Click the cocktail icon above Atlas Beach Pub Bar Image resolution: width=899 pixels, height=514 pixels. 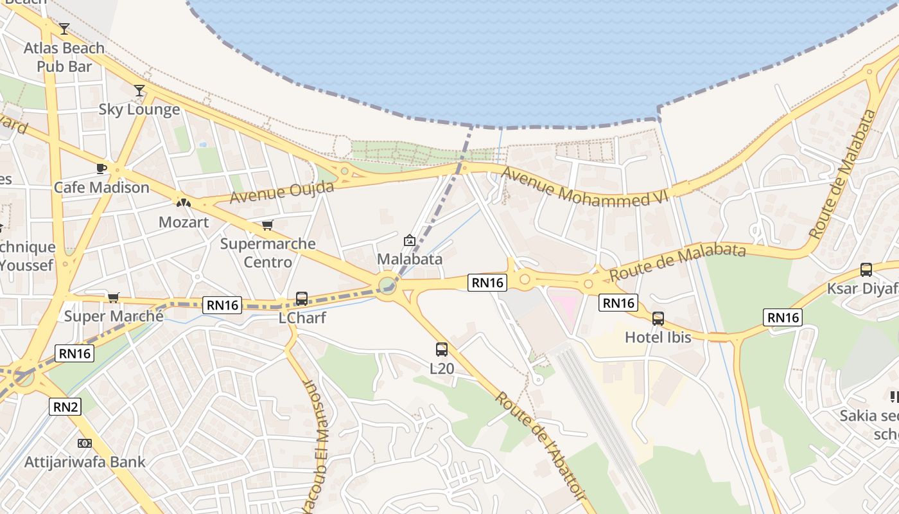[64, 29]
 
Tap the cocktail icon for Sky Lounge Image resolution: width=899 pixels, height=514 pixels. [139, 91]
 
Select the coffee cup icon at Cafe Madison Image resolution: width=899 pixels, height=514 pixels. [101, 168]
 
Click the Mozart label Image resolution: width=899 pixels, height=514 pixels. [184, 222]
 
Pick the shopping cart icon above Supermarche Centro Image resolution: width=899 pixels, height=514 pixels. [267, 226]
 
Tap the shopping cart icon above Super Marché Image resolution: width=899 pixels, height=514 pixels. [114, 297]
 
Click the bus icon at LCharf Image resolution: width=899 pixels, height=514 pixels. [302, 299]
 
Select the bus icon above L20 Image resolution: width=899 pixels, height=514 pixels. [442, 350]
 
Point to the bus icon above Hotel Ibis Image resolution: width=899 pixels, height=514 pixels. [658, 318]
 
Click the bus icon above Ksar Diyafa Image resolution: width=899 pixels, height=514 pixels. [866, 270]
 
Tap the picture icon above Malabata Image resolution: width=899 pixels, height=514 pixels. [409, 241]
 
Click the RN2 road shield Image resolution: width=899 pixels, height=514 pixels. [65, 406]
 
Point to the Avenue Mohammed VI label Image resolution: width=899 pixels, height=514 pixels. [585, 187]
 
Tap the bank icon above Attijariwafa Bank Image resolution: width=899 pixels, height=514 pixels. [84, 443]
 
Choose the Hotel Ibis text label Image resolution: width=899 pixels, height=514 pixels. [658, 337]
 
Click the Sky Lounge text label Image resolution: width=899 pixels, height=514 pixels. [139, 109]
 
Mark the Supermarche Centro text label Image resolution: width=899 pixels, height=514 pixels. [268, 253]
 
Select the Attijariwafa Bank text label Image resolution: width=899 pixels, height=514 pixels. [85, 461]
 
